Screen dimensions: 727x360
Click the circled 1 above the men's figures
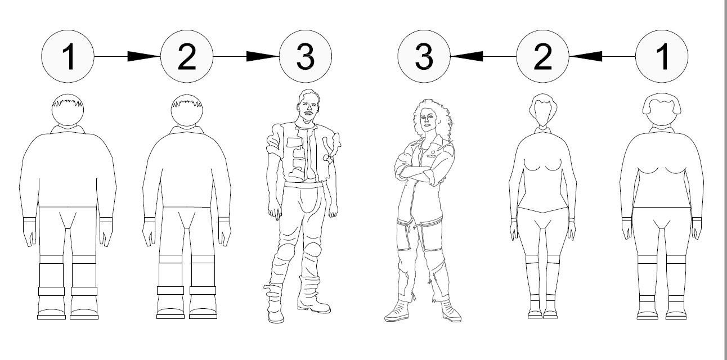pos(68,56)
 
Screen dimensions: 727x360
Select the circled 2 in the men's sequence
pos(187,56)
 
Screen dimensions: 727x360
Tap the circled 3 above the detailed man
pos(306,56)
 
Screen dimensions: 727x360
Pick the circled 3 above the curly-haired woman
pos(424,56)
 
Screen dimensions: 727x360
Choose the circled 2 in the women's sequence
pos(542,56)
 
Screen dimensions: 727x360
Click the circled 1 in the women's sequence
pos(662,56)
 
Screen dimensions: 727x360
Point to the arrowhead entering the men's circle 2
pos(144,56)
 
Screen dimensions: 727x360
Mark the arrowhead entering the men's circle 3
pos(263,56)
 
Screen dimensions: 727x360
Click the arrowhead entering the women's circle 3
pos(466,56)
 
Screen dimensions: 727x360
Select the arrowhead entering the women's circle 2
pos(586,56)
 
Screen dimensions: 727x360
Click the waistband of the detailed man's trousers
pos(303,185)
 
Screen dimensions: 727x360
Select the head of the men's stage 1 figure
pos(68,110)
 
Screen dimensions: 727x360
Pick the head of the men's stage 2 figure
pos(187,110)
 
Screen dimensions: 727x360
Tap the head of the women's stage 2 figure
pos(542,110)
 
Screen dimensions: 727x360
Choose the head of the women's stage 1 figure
pos(662,110)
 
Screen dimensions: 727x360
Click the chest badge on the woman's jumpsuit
pos(433,151)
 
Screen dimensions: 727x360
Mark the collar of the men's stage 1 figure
pos(68,129)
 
